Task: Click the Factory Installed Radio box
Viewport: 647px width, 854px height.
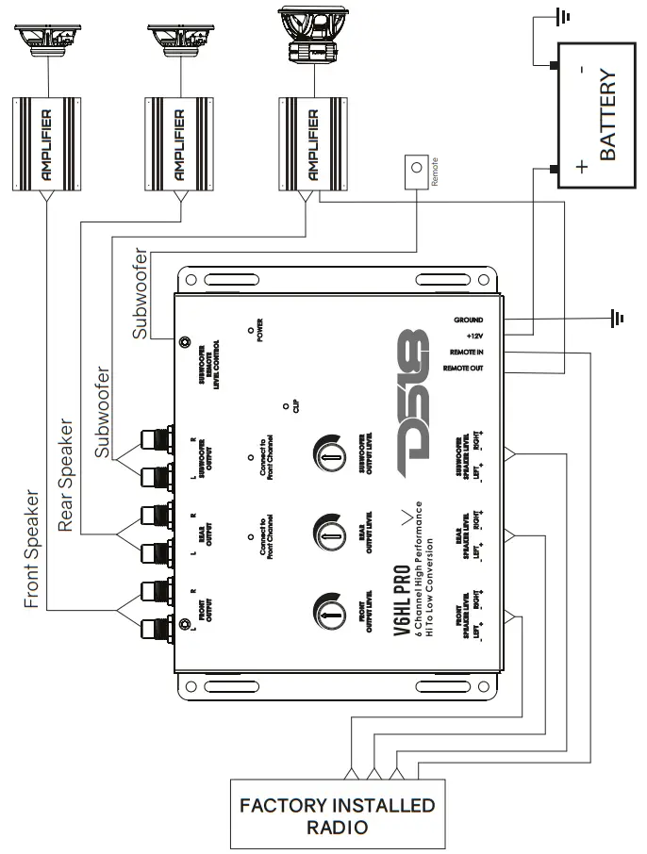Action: tap(336, 815)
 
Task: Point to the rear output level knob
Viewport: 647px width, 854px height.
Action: tap(326, 534)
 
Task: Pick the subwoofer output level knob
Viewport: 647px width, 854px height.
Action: tap(326, 456)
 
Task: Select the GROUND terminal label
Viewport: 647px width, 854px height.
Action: tap(468, 320)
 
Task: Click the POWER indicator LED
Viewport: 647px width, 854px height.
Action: tap(250, 331)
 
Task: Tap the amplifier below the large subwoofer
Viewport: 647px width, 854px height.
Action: tap(307, 142)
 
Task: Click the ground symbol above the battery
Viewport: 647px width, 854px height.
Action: tap(563, 16)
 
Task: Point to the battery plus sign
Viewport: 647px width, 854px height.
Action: tap(581, 167)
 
